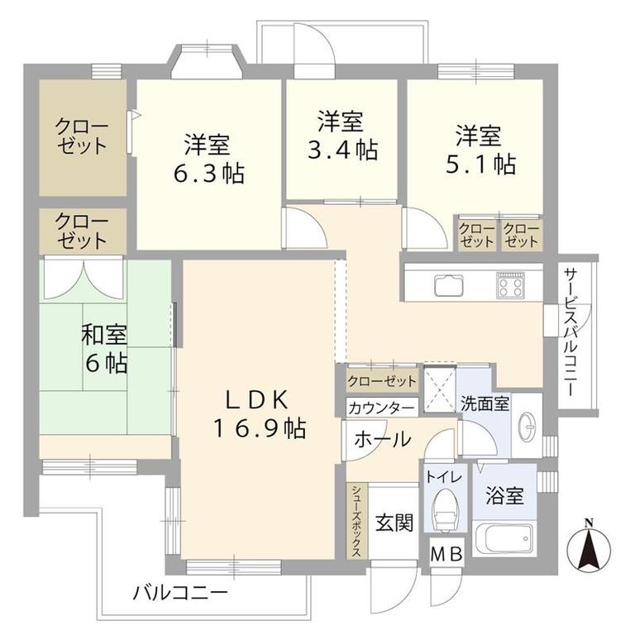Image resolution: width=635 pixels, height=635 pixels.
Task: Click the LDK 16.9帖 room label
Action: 259,415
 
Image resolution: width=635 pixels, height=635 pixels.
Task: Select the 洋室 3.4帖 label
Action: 342,135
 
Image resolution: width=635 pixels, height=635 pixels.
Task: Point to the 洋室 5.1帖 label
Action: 480,150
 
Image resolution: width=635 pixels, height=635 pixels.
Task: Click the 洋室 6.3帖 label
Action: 209,159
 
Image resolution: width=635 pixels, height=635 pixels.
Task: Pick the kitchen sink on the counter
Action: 449,285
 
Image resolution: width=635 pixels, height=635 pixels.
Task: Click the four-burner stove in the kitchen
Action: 511,285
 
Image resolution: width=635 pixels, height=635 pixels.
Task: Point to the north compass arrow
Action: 589,546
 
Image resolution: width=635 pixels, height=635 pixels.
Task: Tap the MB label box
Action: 446,555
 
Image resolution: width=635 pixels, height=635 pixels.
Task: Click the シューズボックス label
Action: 356,521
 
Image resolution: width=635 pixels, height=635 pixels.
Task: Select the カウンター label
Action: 382,408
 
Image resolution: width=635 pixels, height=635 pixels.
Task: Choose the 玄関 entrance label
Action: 394,523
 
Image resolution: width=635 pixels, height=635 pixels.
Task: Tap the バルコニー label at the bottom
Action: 180,594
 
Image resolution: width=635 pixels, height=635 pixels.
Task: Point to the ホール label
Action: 383,439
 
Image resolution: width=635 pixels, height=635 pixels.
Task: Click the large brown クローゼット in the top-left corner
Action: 83,138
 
